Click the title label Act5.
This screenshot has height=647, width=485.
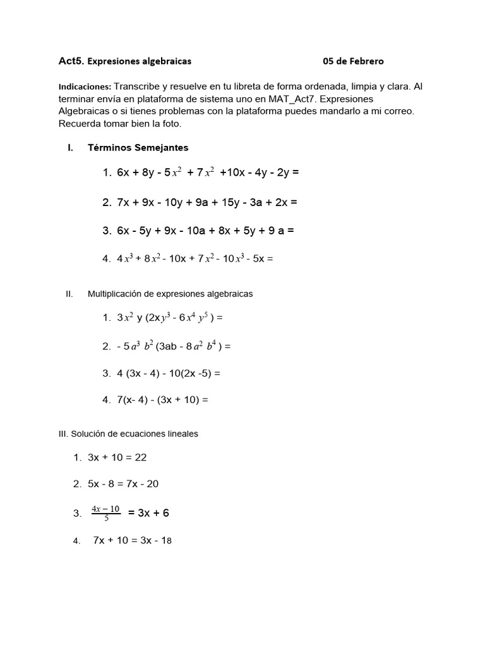point(71,61)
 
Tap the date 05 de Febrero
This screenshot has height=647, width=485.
point(353,61)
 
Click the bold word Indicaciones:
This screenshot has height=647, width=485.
point(85,87)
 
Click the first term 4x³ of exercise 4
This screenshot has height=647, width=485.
point(124,258)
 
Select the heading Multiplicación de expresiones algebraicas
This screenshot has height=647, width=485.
point(170,294)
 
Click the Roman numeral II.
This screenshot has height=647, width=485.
point(70,294)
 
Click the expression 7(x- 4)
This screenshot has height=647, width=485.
point(133,400)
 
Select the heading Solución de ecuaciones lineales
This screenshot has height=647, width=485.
point(135,433)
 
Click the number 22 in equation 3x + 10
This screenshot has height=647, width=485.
point(141,457)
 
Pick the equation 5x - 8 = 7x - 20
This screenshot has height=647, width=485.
point(123,484)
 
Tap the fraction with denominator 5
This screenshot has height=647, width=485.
point(105,513)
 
